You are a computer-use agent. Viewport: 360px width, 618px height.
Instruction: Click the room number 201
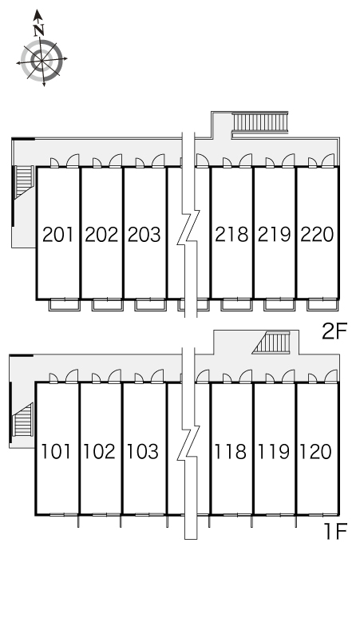click(58, 235)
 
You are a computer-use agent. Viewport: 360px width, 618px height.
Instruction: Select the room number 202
click(101, 235)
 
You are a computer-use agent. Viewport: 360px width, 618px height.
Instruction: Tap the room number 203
click(144, 235)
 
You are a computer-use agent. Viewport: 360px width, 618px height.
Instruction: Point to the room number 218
click(231, 235)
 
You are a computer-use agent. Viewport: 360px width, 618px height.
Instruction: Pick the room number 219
click(275, 235)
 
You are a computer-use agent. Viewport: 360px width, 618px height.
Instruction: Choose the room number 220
click(317, 235)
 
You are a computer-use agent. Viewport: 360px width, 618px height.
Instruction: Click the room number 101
click(56, 451)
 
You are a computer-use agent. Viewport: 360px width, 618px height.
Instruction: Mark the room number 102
click(99, 451)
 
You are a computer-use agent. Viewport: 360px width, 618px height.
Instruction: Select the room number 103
click(142, 451)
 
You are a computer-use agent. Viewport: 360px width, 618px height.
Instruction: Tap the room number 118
click(230, 451)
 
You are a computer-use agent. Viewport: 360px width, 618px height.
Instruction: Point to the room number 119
click(273, 451)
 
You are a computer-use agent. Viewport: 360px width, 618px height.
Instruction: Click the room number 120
click(316, 451)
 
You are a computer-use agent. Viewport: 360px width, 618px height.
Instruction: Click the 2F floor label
click(334, 331)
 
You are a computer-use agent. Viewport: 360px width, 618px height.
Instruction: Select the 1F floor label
click(335, 532)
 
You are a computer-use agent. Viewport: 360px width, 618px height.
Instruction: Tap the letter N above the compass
click(38, 30)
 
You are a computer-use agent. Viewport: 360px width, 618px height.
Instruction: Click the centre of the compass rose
click(42, 61)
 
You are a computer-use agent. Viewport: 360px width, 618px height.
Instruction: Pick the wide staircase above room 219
click(260, 122)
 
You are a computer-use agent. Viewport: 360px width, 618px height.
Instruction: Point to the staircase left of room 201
click(24, 180)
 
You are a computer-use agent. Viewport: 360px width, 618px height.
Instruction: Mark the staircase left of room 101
click(22, 420)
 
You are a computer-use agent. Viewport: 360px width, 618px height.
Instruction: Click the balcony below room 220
click(322, 305)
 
